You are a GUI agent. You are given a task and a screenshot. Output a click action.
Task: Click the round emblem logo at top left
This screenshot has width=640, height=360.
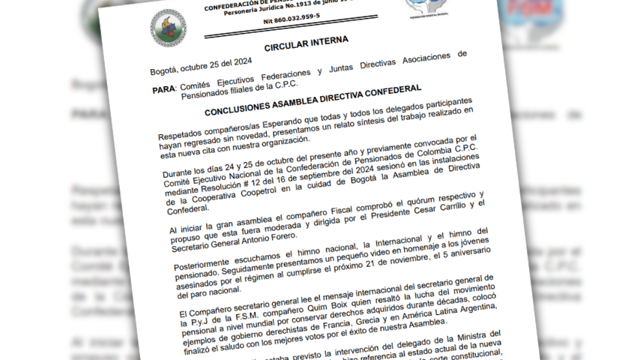coord(169,28)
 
